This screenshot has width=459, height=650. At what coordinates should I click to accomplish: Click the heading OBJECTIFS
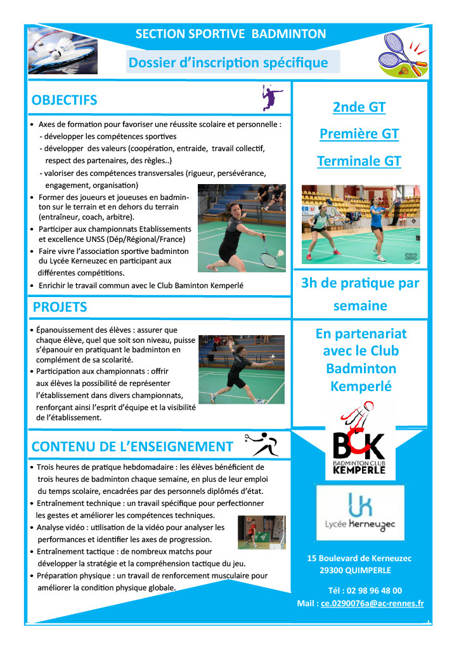(64, 100)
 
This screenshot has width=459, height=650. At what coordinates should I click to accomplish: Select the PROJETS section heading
(60, 307)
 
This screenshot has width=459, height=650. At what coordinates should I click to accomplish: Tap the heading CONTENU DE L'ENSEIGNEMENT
(132, 447)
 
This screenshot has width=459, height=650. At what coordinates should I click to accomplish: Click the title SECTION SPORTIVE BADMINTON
(231, 34)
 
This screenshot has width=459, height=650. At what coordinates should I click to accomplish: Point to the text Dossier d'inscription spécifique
(228, 62)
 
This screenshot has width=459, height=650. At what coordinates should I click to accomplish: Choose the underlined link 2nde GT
(359, 107)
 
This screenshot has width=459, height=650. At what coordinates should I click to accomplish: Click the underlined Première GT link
(359, 134)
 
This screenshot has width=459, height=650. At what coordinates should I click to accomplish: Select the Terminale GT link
(359, 161)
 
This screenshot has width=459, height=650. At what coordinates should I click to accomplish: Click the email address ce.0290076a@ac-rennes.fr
(372, 604)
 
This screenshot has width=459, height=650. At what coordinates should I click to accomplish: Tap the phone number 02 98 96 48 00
(374, 590)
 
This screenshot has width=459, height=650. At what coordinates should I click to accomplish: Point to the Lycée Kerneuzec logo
(359, 512)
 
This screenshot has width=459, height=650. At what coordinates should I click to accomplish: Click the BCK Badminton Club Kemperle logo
(358, 438)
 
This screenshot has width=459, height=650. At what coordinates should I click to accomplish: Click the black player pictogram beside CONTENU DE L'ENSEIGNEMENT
(261, 444)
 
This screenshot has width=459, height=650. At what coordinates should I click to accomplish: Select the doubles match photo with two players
(360, 223)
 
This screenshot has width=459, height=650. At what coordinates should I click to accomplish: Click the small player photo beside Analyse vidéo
(261, 532)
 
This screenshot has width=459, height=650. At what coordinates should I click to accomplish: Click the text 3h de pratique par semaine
(359, 295)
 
